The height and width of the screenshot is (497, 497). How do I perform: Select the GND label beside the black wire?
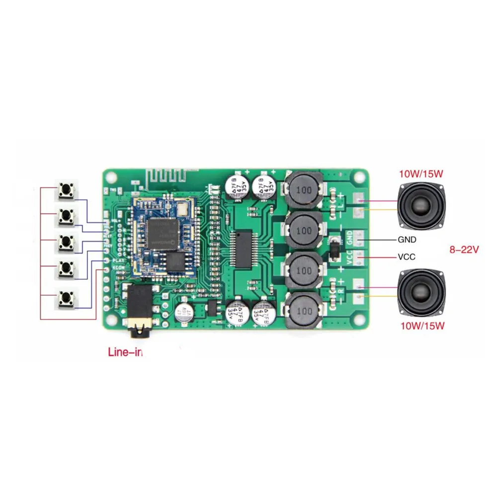pyautogui.click(x=407, y=239)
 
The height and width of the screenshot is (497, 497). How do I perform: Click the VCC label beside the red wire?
pyautogui.click(x=406, y=257)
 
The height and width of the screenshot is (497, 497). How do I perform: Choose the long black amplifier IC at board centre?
pyautogui.click(x=244, y=249)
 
